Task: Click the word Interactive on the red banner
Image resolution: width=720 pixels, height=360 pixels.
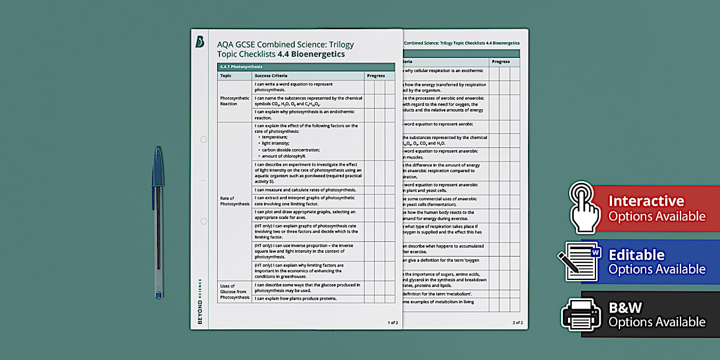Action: point(646,201)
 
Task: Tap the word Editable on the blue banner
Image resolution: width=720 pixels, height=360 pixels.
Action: point(636,255)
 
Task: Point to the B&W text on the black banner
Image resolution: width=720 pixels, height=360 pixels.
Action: point(626,308)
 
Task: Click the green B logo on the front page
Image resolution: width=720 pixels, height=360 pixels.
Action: point(199,42)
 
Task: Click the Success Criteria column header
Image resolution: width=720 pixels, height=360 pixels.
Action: point(271,75)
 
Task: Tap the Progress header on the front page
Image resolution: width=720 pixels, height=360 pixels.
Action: point(376,75)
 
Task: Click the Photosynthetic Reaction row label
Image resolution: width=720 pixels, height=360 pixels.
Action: point(234,101)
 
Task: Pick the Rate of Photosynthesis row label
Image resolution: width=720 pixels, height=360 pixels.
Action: point(234,201)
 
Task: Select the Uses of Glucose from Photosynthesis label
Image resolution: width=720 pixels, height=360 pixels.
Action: point(234,291)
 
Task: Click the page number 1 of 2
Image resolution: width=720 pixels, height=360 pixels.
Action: point(393,323)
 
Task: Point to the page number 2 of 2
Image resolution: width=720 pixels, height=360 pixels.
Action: point(518,323)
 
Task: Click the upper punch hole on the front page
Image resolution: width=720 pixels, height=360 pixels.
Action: point(203,139)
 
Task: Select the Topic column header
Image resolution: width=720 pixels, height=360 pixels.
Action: point(226,75)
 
